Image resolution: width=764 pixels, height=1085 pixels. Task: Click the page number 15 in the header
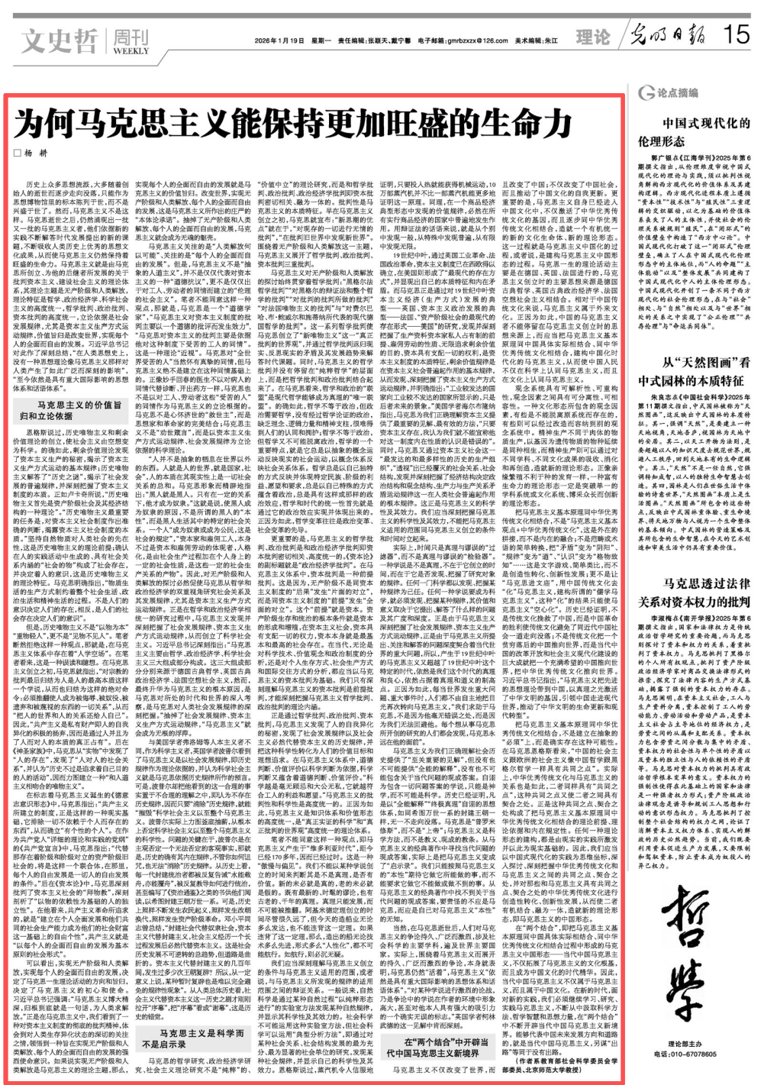point(738,34)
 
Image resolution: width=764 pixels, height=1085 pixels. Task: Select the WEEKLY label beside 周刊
point(131,51)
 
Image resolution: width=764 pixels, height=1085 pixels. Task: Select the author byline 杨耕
point(38,153)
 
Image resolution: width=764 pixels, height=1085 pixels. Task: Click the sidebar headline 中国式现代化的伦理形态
point(694,131)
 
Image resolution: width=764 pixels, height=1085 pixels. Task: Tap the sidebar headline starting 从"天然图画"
point(694,370)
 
